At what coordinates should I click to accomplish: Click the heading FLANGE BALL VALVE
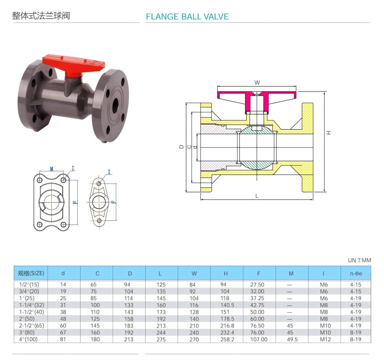(x=187, y=17)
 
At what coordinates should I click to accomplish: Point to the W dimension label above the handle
(x=257, y=83)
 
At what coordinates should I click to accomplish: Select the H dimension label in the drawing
(x=328, y=132)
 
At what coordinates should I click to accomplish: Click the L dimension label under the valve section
(x=257, y=196)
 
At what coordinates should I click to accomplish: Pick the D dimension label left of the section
(x=181, y=147)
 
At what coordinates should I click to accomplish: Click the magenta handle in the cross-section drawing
(x=256, y=98)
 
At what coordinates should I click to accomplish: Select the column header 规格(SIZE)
(x=31, y=273)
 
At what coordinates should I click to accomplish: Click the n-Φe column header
(x=353, y=273)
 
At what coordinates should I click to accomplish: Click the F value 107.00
(x=259, y=339)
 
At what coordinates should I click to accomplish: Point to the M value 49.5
(x=291, y=339)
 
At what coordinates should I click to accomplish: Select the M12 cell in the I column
(x=324, y=339)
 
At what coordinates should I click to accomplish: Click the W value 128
(x=194, y=311)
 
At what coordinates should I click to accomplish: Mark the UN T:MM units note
(x=360, y=260)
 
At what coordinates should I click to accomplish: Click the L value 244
(x=161, y=333)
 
